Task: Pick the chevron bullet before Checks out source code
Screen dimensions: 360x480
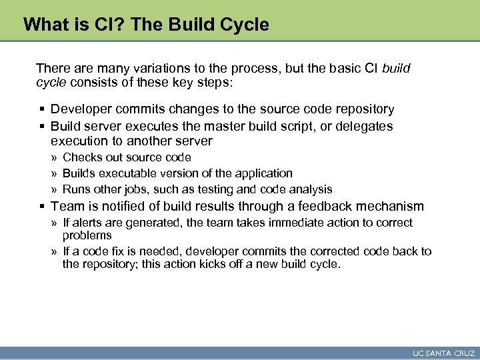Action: coord(54,158)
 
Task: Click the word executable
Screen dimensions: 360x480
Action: coord(128,173)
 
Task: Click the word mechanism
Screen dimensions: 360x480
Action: coord(393,207)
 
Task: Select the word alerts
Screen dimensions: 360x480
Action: coord(89,223)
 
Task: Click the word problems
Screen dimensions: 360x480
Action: coord(87,235)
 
